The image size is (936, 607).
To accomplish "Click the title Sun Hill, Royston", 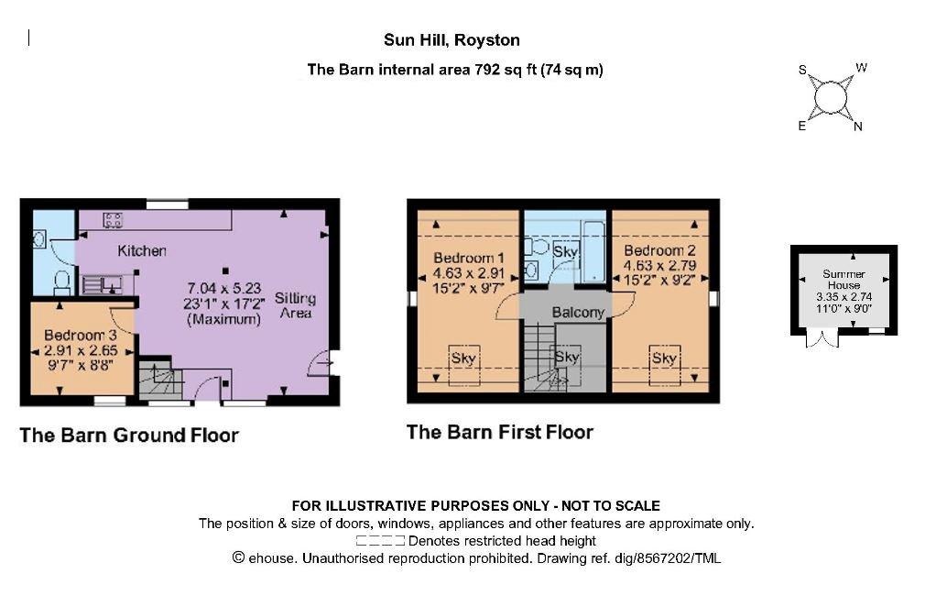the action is [452, 40].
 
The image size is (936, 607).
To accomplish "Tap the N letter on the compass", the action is [858, 127].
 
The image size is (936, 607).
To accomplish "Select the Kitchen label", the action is [141, 251].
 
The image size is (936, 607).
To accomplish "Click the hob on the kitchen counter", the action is [113, 220].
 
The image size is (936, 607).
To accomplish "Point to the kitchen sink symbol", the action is [102, 283].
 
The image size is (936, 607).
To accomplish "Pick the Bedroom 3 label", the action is [80, 336].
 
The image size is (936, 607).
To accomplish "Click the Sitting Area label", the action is [296, 305].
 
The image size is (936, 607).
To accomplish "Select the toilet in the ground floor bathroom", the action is [62, 282].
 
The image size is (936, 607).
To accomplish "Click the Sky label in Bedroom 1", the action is [463, 358].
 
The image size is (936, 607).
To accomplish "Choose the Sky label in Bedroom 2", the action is [664, 358].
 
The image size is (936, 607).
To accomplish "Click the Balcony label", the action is [578, 313].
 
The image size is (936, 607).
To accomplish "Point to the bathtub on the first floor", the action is [594, 251].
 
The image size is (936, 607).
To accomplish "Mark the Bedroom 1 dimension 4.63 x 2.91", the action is [469, 273].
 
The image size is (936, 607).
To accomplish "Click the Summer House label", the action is [843, 280].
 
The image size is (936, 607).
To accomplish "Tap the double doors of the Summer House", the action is [822, 339].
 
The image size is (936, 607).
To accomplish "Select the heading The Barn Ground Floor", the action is [129, 435].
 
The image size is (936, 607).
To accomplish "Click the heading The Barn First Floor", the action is [500, 432].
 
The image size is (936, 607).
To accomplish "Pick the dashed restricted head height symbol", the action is [380, 541].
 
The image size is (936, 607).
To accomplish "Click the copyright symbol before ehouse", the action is [238, 557].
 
